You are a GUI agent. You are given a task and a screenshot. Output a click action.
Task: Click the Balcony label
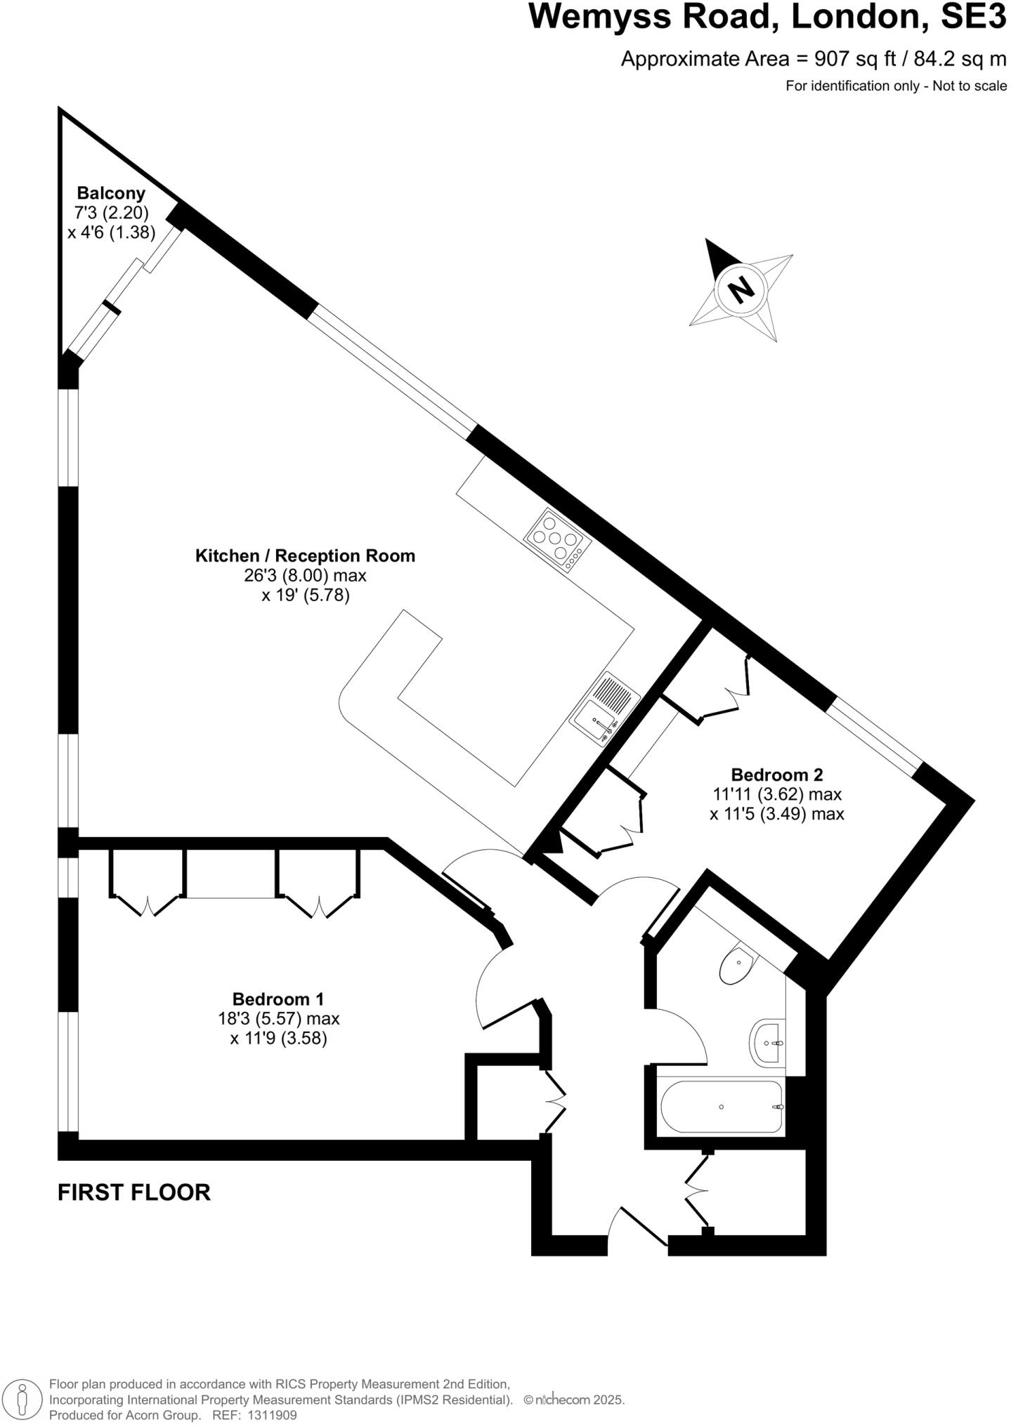[111, 192]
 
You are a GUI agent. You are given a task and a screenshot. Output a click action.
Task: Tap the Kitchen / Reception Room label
[305, 555]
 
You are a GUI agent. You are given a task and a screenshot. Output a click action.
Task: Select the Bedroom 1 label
[278, 999]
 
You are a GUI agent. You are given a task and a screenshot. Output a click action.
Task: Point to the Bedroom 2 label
[776, 775]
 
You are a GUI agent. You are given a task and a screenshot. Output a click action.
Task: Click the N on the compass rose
[739, 289]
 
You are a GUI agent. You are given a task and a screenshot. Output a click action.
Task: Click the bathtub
[722, 1107]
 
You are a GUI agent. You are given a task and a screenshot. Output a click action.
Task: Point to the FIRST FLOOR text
[133, 1192]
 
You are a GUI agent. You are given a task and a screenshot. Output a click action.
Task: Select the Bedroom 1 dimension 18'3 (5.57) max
[278, 1018]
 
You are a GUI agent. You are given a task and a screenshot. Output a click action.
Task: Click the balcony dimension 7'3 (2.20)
[111, 212]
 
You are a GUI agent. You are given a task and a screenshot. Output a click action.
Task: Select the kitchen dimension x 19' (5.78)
[305, 596]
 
